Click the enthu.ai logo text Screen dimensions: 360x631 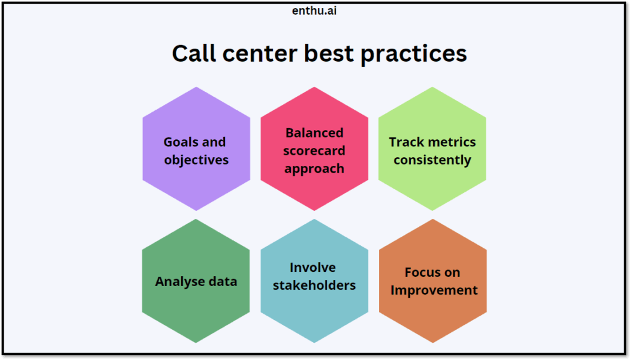point(315,10)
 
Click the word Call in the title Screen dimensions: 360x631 point(194,54)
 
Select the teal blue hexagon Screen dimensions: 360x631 point(314,314)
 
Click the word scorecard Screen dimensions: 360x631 point(314,151)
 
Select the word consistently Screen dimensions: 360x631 point(432,160)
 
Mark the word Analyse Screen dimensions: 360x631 point(179,282)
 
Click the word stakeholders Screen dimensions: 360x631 point(314,285)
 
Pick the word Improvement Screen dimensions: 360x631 point(434,290)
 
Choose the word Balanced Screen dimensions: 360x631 point(314,133)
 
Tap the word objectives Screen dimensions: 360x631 point(196,160)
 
